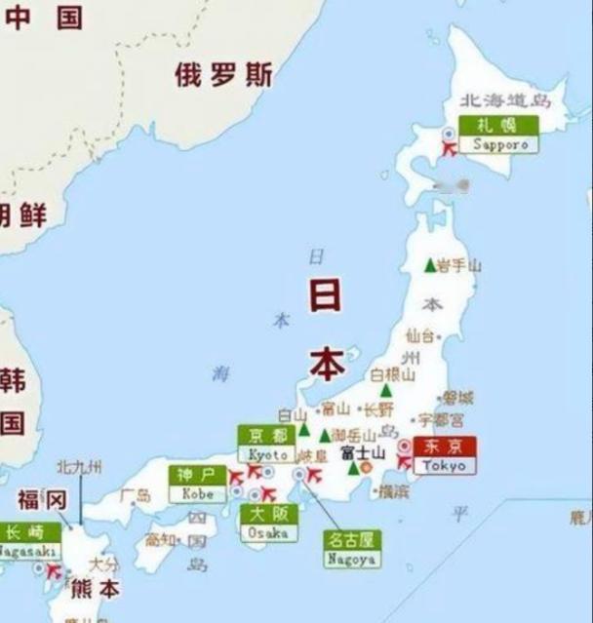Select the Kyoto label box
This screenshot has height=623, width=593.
click(x=266, y=445)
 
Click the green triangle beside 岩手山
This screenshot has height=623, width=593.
click(x=429, y=264)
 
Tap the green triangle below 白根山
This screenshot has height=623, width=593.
click(x=385, y=390)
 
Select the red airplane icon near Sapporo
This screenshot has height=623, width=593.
click(x=450, y=149)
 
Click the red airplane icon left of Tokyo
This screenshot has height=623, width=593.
click(x=404, y=462)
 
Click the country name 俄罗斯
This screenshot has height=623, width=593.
click(x=223, y=74)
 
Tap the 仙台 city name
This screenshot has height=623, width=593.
click(x=418, y=335)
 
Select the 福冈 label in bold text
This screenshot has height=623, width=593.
click(x=41, y=500)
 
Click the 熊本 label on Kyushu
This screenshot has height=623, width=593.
click(x=95, y=589)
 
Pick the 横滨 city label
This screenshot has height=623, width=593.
click(x=393, y=491)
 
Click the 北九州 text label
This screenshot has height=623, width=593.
click(x=79, y=468)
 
